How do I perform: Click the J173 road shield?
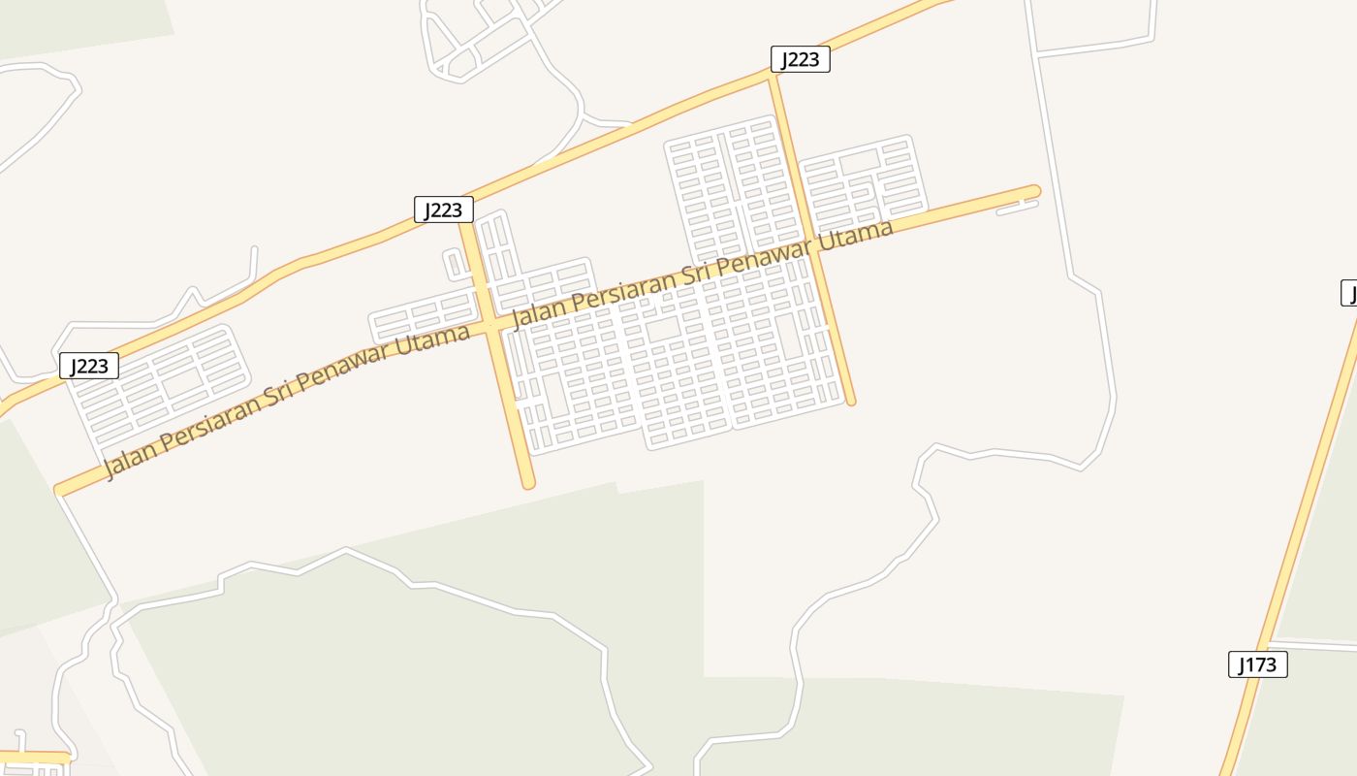tap(1258, 664)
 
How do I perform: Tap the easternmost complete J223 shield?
tap(801, 60)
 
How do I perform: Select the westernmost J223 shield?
tap(89, 366)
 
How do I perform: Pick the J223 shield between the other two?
tap(444, 210)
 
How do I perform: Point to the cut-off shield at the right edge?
tap(1349, 293)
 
